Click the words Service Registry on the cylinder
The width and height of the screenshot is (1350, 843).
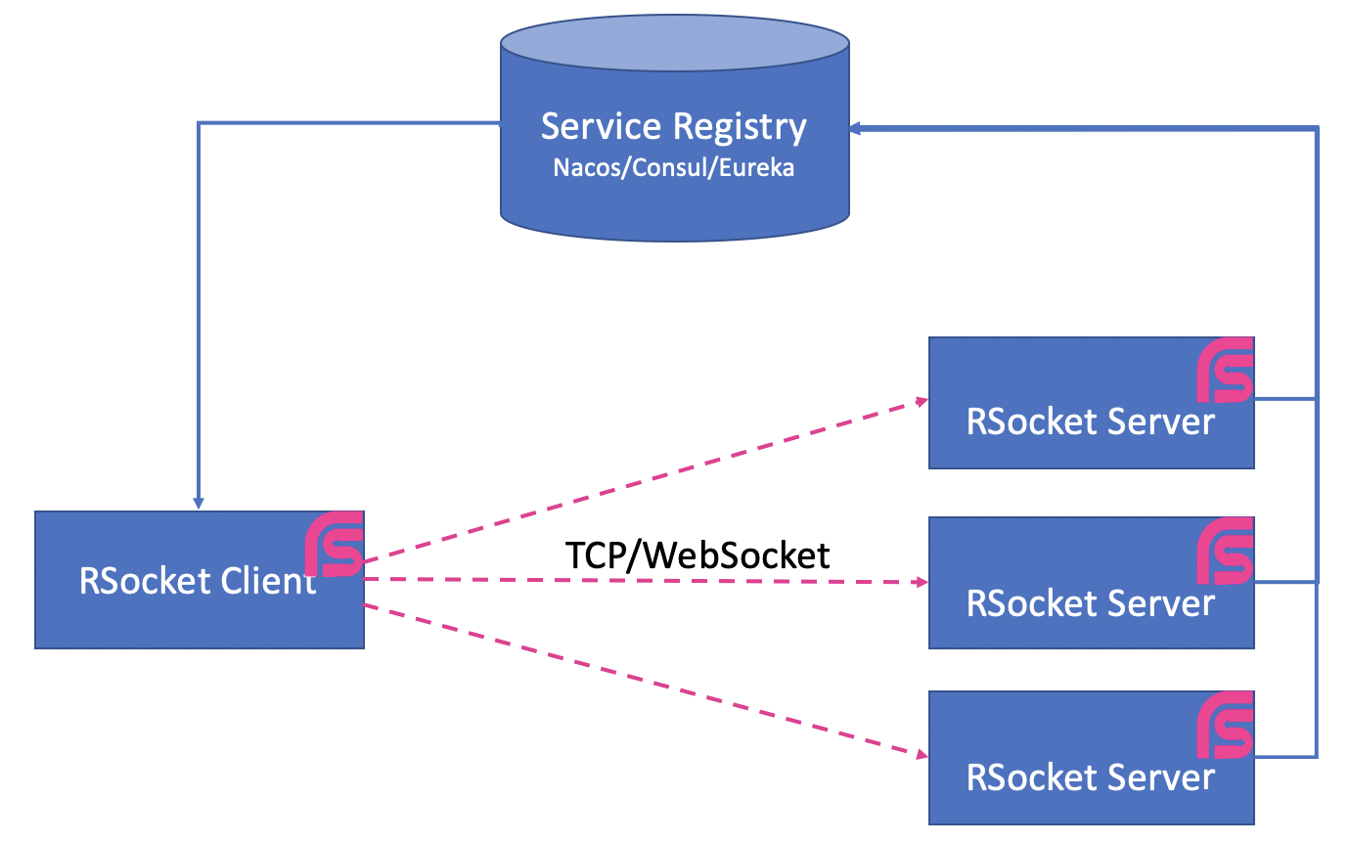pos(674,127)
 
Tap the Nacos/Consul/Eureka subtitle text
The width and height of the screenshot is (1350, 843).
pos(674,167)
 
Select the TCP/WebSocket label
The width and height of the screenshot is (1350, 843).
pos(697,555)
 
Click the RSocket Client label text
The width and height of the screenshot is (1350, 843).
pos(197,581)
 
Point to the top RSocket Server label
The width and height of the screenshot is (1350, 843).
pos(1090,421)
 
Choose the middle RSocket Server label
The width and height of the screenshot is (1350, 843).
pos(1090,602)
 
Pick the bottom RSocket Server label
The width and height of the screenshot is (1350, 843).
pos(1090,777)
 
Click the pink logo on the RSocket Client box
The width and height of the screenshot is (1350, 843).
pos(334,544)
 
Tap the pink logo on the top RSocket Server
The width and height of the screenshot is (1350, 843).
pos(1226,371)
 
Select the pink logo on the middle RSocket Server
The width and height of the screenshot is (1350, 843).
pos(1226,551)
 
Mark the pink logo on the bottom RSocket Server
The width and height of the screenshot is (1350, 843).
pos(1226,725)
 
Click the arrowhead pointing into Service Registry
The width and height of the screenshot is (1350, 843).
pos(855,127)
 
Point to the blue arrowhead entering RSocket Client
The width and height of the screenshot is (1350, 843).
pos(199,503)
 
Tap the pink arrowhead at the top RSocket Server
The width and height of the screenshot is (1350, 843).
pos(921,400)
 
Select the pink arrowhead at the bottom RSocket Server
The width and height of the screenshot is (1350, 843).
pos(921,754)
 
